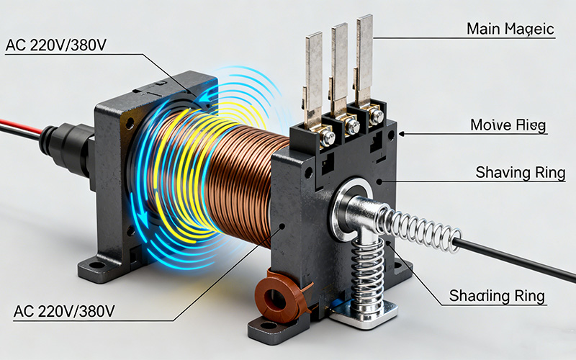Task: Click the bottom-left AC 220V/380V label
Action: [x=64, y=311]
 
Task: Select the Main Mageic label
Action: [x=510, y=29]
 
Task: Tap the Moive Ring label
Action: [x=508, y=125]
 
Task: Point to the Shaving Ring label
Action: [x=520, y=173]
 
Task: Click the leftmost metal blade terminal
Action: [x=313, y=72]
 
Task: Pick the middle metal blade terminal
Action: [x=339, y=68]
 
